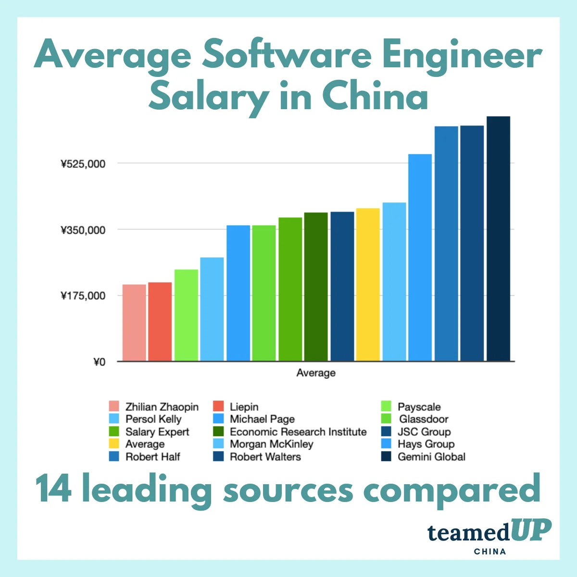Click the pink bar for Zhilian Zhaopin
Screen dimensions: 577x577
click(134, 322)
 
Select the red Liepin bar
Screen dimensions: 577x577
click(160, 321)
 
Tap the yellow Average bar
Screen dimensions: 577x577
click(368, 284)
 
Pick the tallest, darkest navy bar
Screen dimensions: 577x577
click(498, 238)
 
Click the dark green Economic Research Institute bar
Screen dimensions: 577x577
click(316, 286)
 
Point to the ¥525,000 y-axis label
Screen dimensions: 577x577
click(83, 164)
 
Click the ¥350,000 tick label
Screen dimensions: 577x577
click(83, 230)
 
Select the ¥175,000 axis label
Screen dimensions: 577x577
click(83, 296)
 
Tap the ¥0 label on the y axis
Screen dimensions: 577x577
click(99, 362)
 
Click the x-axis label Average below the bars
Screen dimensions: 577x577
click(316, 373)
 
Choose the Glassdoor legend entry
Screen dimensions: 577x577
click(423, 419)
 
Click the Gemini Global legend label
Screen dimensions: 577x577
click(431, 457)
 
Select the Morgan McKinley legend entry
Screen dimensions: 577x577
click(271, 444)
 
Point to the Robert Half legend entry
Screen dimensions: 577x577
click(152, 457)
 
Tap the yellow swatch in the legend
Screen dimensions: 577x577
click(114, 444)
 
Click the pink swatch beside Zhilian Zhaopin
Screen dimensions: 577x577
click(114, 407)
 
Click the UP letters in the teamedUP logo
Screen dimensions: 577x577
click(531, 531)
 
